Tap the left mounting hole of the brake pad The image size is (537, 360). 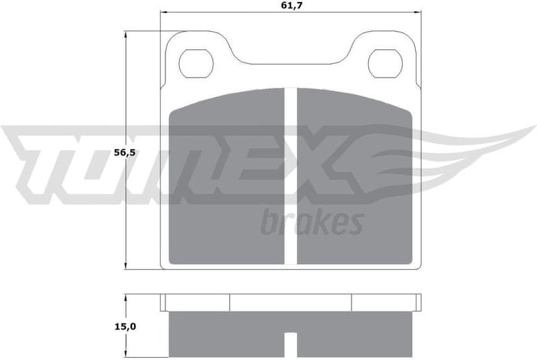[x=196, y=64]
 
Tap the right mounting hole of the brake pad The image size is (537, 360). [x=385, y=64]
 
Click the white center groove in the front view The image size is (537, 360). [x=291, y=177]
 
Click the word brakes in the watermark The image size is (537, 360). [x=312, y=222]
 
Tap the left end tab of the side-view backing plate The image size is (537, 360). [x=163, y=303]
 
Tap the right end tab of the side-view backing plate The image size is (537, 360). [x=418, y=303]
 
